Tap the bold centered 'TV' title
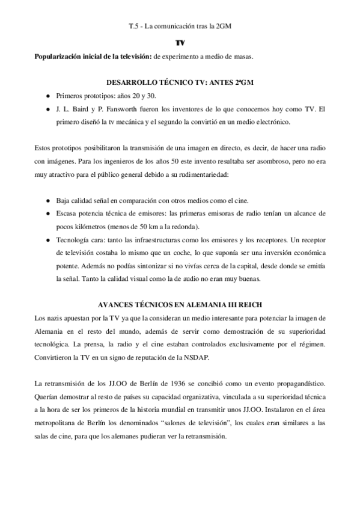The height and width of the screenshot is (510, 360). click(x=180, y=44)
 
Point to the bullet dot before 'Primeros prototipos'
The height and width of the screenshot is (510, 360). click(x=47, y=96)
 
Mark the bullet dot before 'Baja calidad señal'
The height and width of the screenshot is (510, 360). click(x=47, y=200)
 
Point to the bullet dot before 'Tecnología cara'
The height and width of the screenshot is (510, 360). click(x=47, y=239)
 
